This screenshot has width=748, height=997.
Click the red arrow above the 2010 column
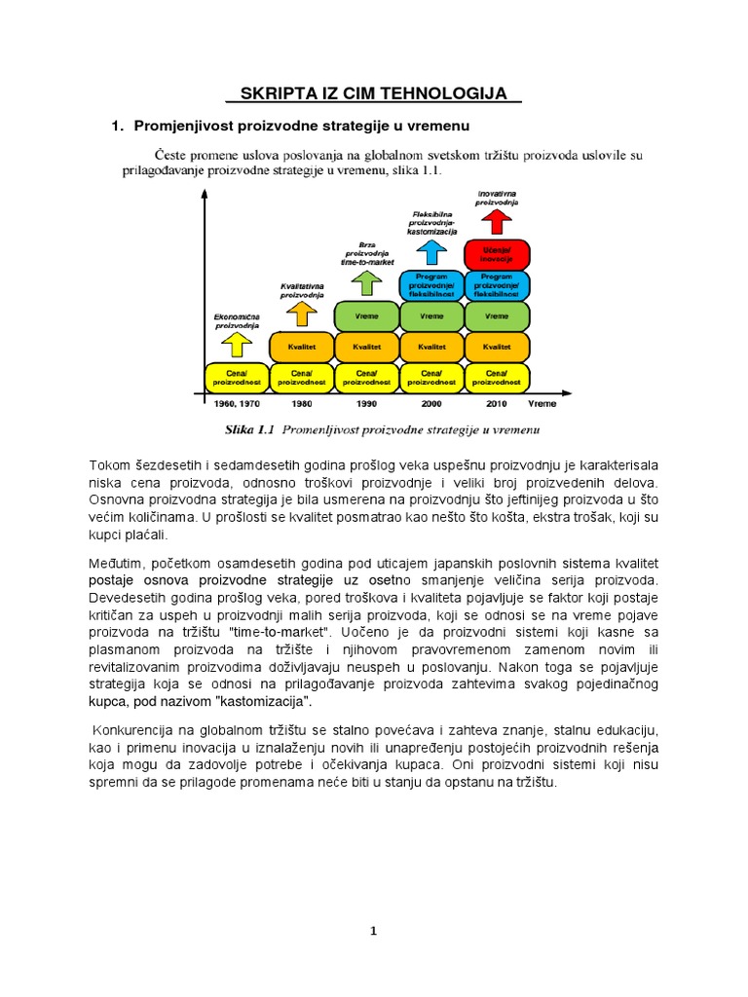point(497,223)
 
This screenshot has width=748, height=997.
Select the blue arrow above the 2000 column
point(431,251)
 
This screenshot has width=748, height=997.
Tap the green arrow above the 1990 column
point(367,282)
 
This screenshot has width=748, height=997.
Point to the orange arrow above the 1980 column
point(302,314)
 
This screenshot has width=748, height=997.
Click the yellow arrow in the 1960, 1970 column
point(237,344)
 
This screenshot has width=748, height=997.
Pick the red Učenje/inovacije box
point(497,254)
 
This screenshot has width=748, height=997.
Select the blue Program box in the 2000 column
point(431,285)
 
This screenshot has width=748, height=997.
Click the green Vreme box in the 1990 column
point(367,315)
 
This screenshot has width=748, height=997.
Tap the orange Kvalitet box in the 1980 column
point(302,347)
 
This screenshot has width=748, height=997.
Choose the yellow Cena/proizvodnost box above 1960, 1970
point(237,377)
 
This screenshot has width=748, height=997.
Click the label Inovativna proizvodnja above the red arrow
point(497,198)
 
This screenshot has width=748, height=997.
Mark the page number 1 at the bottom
point(374,931)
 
